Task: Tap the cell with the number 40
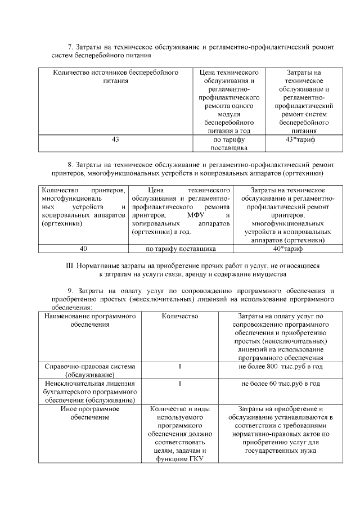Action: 83,248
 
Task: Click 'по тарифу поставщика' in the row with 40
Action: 181,248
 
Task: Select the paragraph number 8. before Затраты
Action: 70,164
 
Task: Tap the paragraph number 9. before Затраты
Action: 70,290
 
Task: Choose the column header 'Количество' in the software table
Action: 179,317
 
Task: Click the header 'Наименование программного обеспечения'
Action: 90,321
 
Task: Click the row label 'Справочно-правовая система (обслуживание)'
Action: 90,371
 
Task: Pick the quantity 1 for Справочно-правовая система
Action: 179,367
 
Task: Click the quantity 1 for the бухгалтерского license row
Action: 179,384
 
